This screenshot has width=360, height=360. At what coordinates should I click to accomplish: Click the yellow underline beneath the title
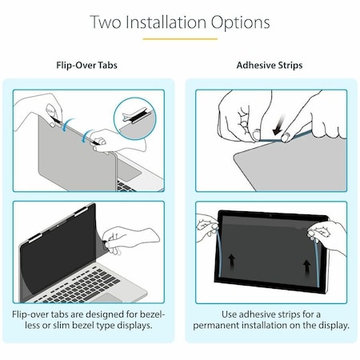pyautogui.click(x=179, y=38)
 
